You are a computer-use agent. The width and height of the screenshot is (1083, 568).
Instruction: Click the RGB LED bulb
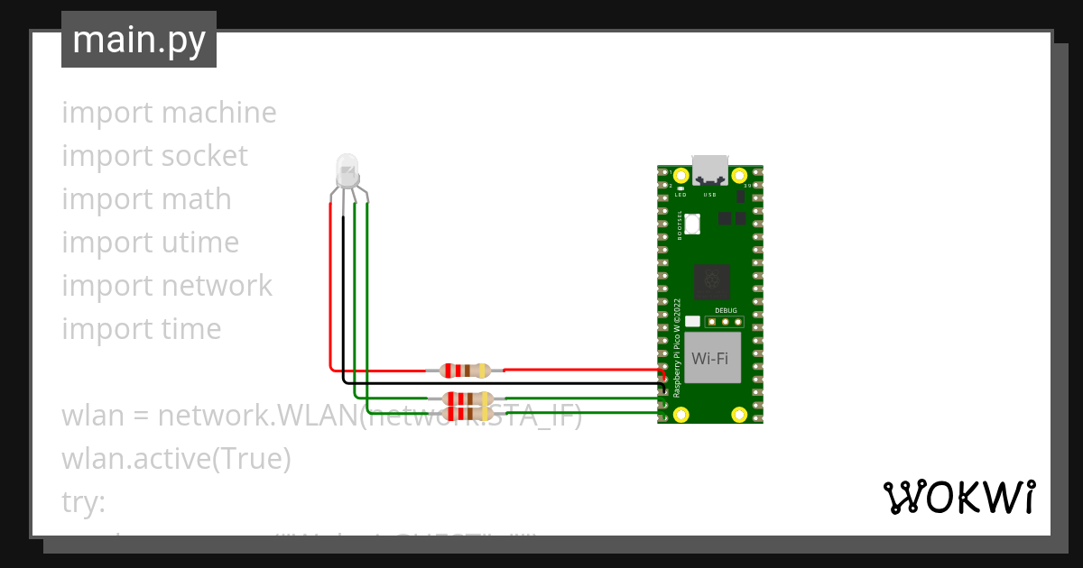347,169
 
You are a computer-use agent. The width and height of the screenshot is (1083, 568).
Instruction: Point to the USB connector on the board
709,169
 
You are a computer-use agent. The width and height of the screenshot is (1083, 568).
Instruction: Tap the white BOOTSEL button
693,224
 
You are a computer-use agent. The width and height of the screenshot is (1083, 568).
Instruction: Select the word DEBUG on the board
726,310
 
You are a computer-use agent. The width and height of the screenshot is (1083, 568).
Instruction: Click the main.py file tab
139,40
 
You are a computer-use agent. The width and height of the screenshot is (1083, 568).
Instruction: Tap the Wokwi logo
958,497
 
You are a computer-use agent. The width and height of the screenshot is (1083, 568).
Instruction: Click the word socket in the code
203,156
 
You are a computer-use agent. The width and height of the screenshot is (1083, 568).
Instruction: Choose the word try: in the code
83,502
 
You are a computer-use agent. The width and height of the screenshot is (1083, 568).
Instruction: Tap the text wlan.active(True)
176,459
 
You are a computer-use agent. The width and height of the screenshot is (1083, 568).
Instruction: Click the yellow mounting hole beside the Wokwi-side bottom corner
739,414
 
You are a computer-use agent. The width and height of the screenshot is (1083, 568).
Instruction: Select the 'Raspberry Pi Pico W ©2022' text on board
678,347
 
